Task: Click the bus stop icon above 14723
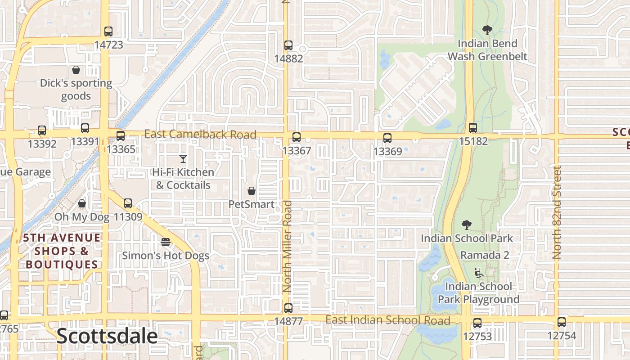coord(108,31)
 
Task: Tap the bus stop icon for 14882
coord(288,45)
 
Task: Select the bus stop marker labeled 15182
coord(472,128)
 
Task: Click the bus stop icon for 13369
coord(387,138)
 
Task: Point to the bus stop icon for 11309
coord(128,203)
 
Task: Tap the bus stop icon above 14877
coord(288,308)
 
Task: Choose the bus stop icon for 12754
coord(561,322)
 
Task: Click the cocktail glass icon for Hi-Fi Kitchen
coord(183,158)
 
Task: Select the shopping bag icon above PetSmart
coord(252,191)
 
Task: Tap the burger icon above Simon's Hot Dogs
coord(166,242)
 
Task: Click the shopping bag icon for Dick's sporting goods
coord(76,70)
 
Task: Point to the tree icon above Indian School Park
coord(467,225)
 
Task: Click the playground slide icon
coord(479,273)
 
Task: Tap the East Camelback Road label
coord(200,134)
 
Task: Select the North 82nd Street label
coord(557,212)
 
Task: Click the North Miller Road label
coord(287,247)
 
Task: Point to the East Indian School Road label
coord(387,320)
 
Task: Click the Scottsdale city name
coord(107,337)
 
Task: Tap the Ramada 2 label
coord(485,255)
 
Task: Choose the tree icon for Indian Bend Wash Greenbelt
coord(486,30)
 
